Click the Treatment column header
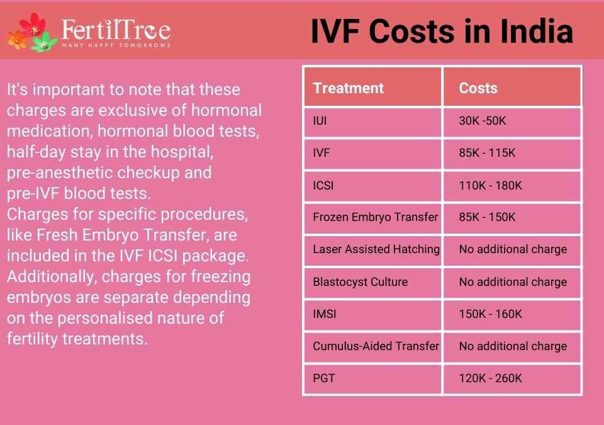coord(348,88)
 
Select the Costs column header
coord(478,88)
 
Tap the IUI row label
coord(320,121)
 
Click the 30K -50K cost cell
coord(483,121)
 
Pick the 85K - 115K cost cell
coord(487,153)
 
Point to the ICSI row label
coord(323,186)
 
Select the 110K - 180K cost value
coord(490,186)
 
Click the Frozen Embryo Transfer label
coord(376,217)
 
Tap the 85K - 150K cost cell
coord(487,217)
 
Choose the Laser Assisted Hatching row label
coord(376,249)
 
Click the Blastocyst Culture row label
coord(360,282)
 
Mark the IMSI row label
coord(325,314)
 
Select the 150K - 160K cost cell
coord(490,314)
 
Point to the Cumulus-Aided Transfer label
coord(376,346)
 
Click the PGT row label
coord(323,378)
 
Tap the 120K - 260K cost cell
coord(490,378)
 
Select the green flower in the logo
coord(44,42)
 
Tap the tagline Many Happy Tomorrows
coord(116,45)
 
